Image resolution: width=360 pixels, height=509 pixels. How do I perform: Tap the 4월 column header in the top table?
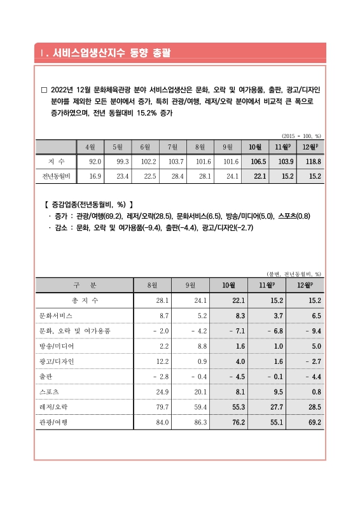(x=90, y=147)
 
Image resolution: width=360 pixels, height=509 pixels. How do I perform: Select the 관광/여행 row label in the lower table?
(x=53, y=422)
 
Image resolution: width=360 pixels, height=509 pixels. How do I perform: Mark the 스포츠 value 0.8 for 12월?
(x=315, y=391)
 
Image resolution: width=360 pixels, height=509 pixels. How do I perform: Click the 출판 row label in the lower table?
(x=46, y=376)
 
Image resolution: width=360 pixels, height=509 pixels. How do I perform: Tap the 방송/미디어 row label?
(x=57, y=345)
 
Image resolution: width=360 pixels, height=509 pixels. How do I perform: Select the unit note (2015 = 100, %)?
(x=301, y=136)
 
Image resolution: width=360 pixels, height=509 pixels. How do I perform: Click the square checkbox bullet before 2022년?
(x=43, y=90)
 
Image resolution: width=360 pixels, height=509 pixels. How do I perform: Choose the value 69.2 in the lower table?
(x=313, y=422)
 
